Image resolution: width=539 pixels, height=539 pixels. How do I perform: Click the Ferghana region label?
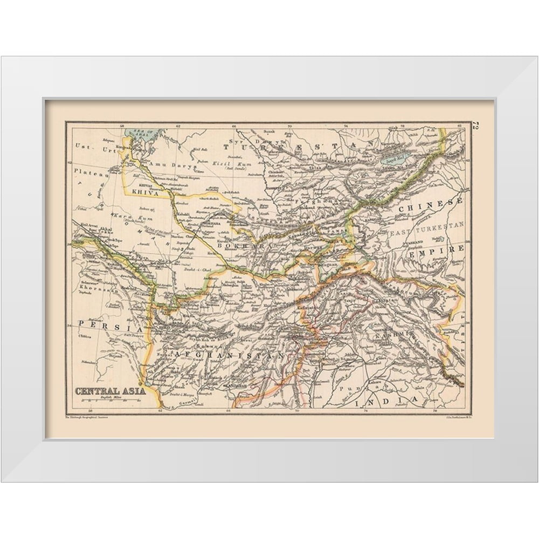point(315,201)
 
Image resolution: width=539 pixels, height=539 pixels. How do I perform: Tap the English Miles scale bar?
point(109,399)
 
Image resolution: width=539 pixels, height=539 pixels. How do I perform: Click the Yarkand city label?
point(414,244)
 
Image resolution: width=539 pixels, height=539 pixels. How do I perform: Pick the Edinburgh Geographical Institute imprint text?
point(89,417)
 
